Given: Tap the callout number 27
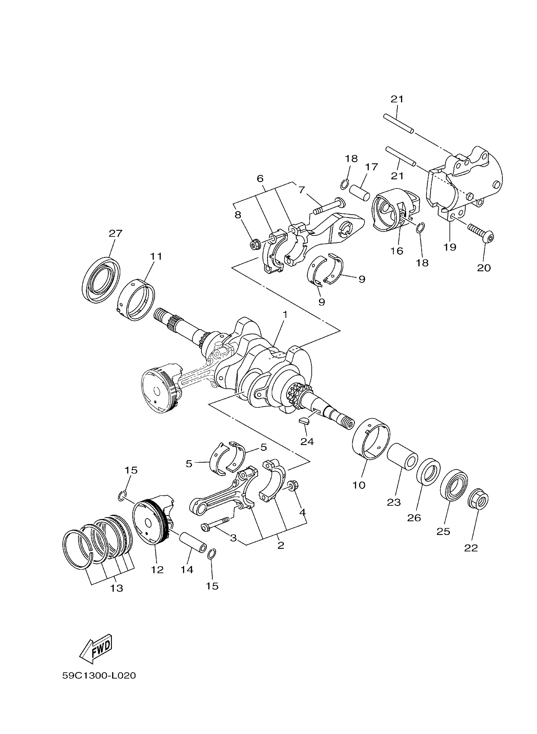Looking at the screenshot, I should [x=115, y=233].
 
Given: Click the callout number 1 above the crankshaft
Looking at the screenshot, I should [x=285, y=315].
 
